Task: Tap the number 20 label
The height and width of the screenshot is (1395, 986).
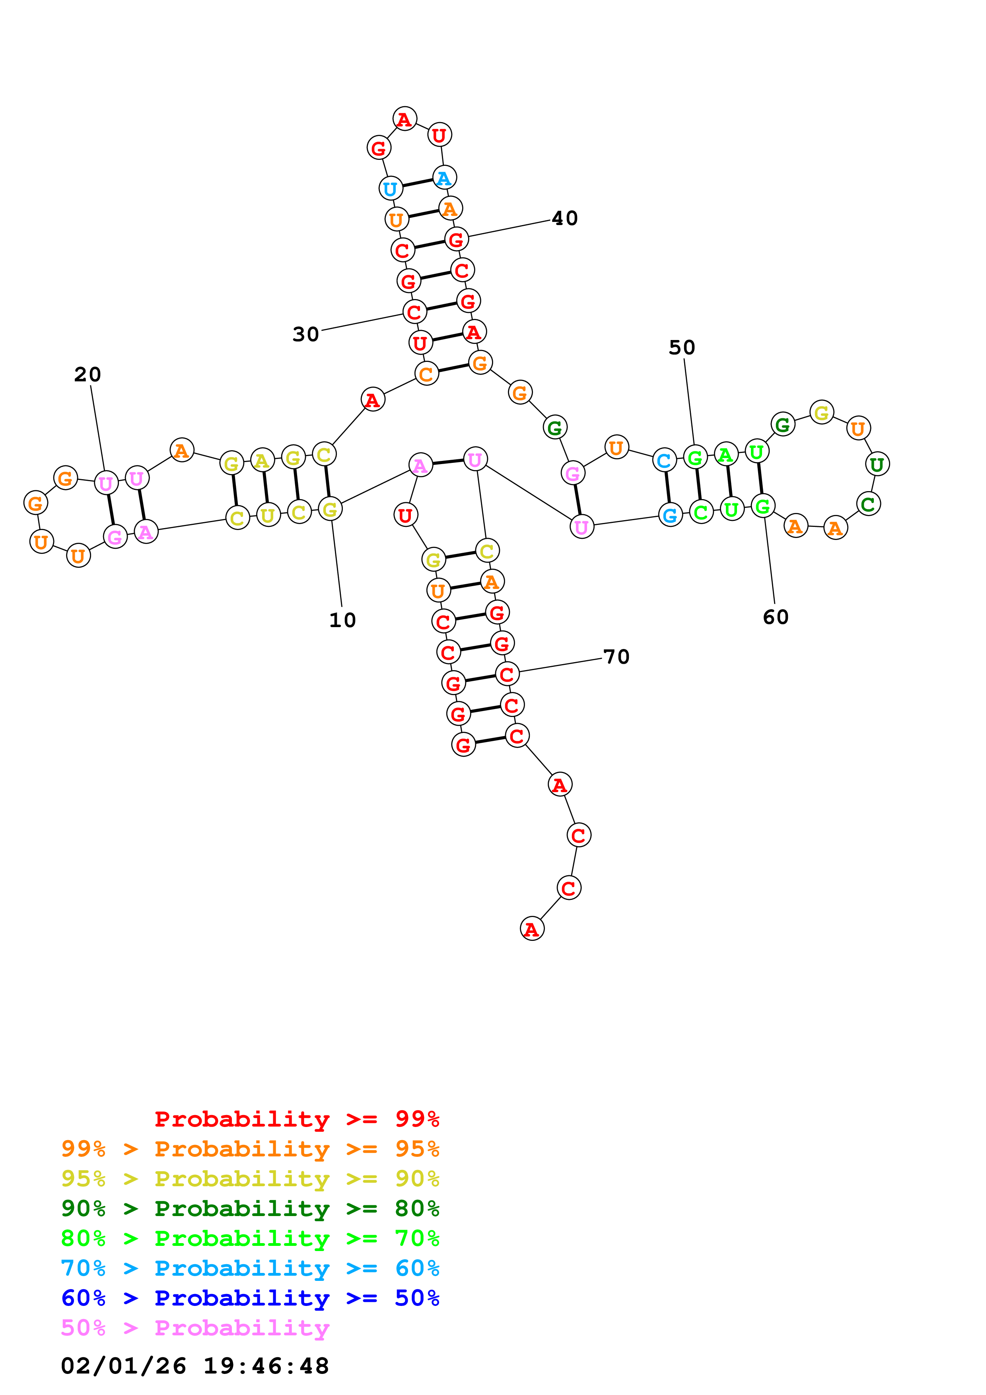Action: [x=88, y=374]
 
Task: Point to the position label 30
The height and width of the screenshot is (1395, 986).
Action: [x=305, y=334]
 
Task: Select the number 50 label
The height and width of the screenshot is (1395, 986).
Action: [x=682, y=348]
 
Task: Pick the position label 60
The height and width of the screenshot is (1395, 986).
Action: [x=776, y=617]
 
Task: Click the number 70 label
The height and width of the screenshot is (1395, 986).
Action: [x=616, y=657]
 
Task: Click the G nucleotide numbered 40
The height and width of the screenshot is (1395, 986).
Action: [x=456, y=239]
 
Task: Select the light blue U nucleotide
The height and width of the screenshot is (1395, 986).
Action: [x=391, y=189]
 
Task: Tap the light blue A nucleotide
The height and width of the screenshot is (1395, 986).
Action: [x=445, y=178]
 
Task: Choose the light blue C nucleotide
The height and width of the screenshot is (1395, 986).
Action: [x=664, y=460]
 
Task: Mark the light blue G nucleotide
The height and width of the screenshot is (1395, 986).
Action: [x=670, y=515]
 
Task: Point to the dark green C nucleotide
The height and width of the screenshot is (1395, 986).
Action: [x=868, y=504]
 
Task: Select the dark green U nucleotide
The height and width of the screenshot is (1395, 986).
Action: [x=877, y=464]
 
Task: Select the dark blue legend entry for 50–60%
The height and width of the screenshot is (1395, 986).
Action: [x=250, y=1298]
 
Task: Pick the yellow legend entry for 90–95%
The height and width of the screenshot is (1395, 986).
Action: [x=250, y=1179]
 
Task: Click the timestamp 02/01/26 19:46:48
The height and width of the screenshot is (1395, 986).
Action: [x=195, y=1366]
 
